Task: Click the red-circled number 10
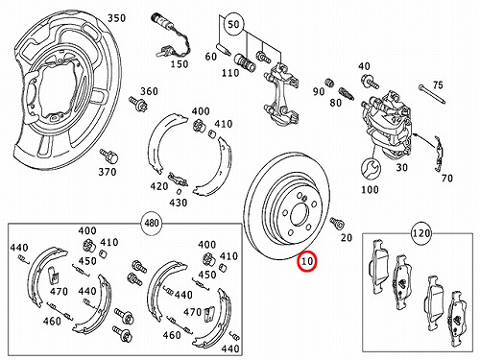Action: [307, 261]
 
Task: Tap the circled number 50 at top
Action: [233, 24]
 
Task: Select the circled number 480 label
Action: [152, 222]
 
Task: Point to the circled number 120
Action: [421, 233]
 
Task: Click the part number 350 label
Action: [116, 18]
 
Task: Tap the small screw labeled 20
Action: [337, 223]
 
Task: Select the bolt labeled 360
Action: [137, 104]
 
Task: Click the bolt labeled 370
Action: [109, 156]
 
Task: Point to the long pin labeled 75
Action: [432, 94]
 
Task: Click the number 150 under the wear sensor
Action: [180, 64]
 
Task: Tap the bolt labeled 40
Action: [371, 82]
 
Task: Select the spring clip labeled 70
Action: [439, 154]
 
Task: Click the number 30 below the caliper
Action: [401, 167]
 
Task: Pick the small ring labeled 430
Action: [179, 192]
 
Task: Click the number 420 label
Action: [159, 186]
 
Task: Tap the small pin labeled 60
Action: [223, 48]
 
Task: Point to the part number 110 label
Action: [230, 73]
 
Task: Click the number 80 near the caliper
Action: [336, 103]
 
